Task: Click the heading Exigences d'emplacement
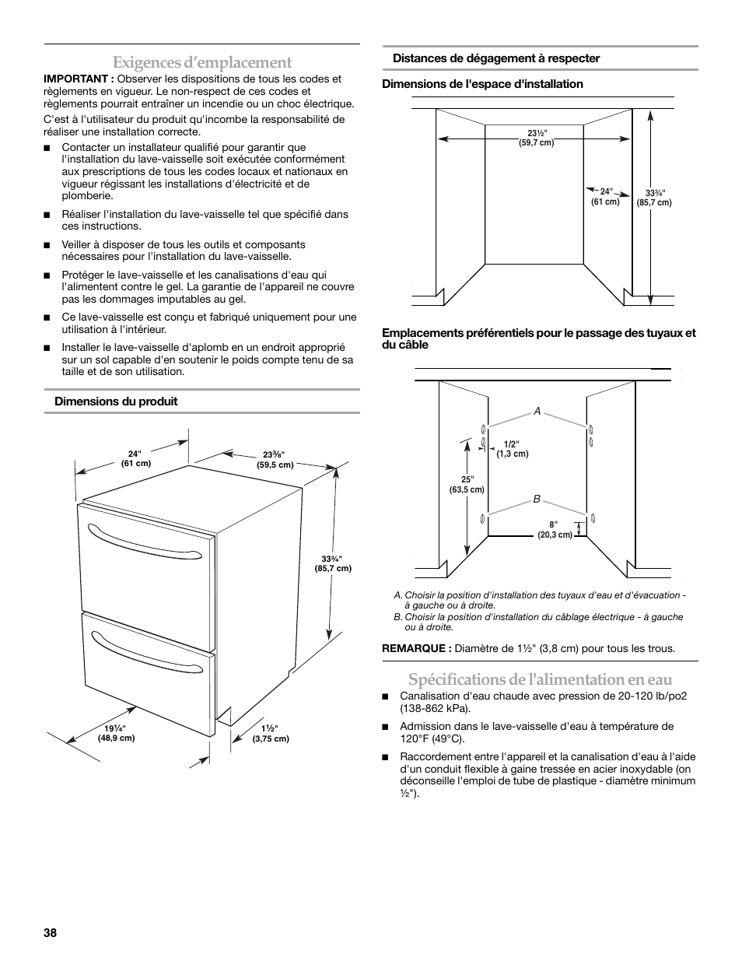tap(201, 62)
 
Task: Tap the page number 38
tap(51, 932)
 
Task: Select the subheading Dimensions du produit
tap(115, 402)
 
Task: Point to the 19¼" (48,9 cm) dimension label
tap(116, 733)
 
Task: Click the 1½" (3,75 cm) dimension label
tap(271, 734)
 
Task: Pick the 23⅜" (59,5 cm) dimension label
tap(275, 460)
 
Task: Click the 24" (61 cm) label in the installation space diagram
tap(606, 196)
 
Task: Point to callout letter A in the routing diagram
tap(537, 412)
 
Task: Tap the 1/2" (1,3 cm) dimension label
tap(513, 449)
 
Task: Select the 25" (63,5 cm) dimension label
tap(467, 485)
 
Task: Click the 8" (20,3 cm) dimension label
tap(555, 530)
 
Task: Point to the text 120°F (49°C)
tap(432, 738)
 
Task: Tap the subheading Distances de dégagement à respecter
tap(495, 58)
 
